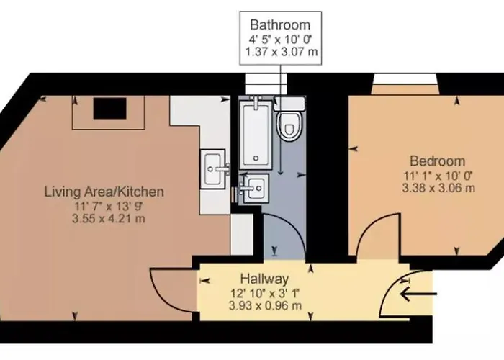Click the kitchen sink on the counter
[213, 168]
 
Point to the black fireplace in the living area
[109, 108]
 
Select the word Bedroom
[437, 161]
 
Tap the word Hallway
[264, 279]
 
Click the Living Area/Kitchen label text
[104, 192]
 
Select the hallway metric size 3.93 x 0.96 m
[264, 306]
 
